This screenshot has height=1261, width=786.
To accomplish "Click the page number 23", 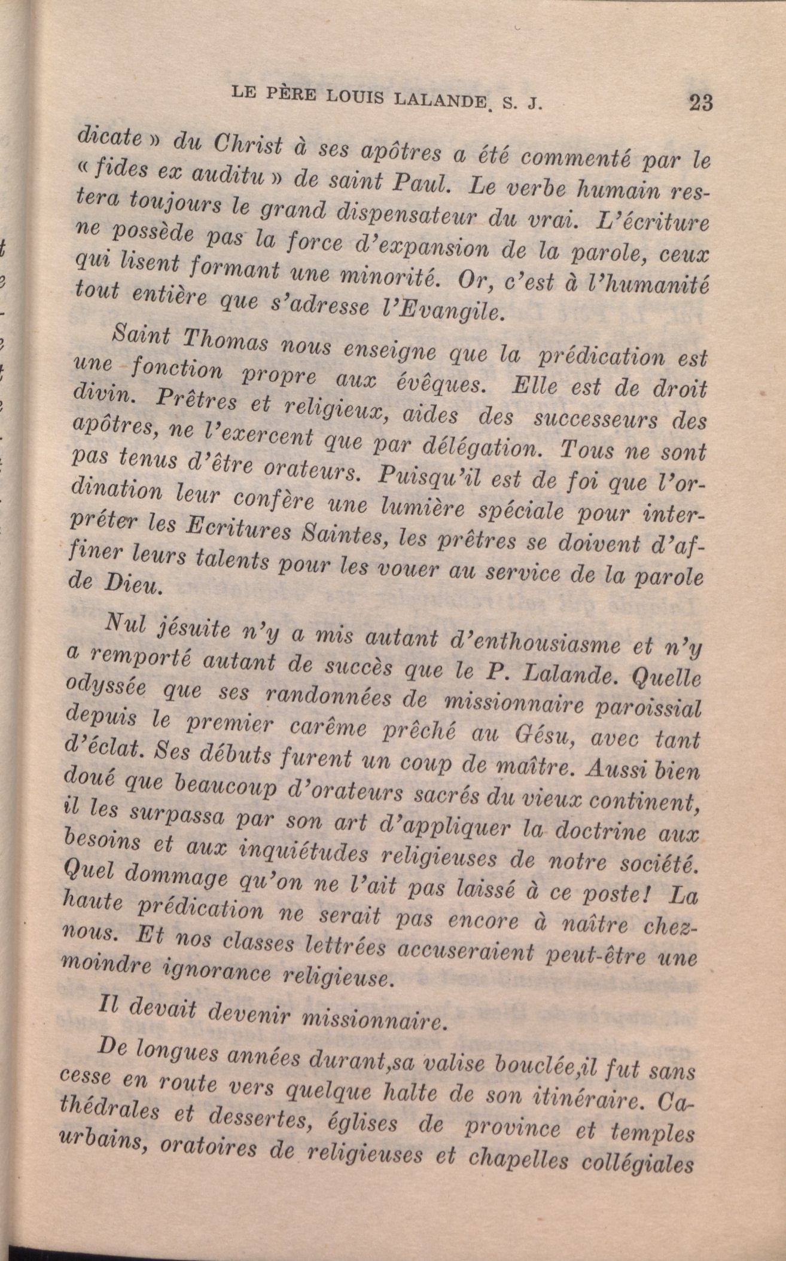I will (700, 102).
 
